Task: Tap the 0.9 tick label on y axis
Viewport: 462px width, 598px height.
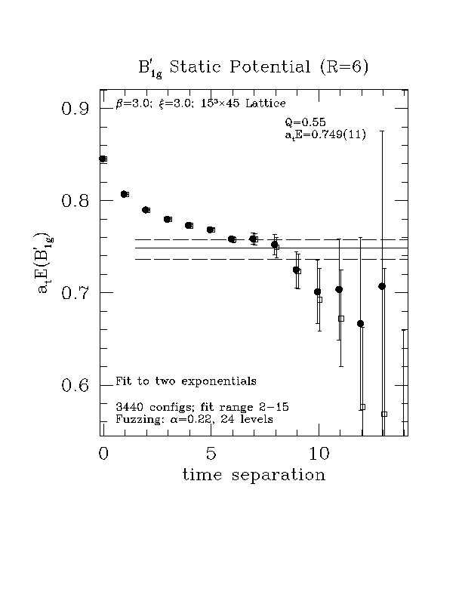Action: coord(76,109)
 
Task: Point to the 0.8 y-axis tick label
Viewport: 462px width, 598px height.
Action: coord(76,201)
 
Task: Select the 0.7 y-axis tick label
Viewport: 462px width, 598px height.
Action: coord(76,293)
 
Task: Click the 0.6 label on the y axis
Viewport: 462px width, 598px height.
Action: coord(76,385)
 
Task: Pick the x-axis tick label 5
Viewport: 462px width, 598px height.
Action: coord(211,454)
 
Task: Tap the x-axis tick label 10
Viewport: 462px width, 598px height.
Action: coord(319,454)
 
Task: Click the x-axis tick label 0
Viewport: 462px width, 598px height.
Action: coord(103,454)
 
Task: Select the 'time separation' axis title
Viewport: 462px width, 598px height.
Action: coord(255,476)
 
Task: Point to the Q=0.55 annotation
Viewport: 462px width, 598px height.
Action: coord(305,122)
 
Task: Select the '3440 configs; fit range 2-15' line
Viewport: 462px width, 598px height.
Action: coord(192,407)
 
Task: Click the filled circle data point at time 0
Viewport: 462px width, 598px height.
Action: coord(103,159)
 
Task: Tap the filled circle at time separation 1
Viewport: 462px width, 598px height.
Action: coord(125,194)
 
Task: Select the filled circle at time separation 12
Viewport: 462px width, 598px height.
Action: coord(360,323)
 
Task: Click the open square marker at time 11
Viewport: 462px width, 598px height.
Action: coord(341,319)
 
